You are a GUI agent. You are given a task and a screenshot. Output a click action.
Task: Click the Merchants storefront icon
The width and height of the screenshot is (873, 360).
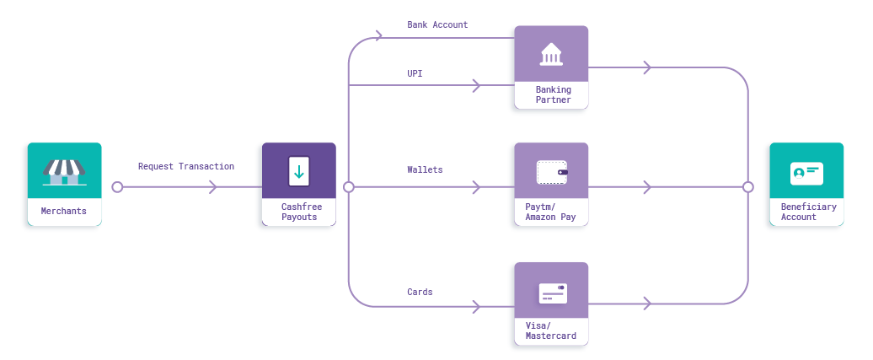point(65,172)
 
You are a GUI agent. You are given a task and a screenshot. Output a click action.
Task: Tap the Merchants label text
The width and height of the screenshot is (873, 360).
point(64,212)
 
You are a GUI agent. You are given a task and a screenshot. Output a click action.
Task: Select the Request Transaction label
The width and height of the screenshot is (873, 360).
point(186,166)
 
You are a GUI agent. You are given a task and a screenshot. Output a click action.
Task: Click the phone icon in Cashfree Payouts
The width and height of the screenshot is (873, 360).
point(299,170)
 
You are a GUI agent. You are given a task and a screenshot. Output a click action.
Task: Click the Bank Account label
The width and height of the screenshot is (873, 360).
point(437,24)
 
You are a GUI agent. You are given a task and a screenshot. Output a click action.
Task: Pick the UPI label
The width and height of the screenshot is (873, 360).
point(415,73)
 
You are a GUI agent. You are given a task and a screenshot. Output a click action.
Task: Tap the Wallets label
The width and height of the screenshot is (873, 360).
point(425,169)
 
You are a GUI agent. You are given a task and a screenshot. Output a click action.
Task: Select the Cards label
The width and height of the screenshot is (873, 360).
point(420,292)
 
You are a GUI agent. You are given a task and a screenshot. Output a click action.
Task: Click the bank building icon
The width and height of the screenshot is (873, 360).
point(551,54)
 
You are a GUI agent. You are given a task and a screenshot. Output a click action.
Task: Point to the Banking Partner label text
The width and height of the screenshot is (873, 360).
point(554,94)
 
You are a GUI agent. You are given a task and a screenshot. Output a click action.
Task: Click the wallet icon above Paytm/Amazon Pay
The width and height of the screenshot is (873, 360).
point(552,172)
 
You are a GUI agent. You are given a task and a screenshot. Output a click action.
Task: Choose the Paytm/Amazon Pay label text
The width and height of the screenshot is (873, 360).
point(550,212)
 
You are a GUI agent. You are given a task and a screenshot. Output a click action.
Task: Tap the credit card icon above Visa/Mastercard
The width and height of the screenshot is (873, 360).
point(553,293)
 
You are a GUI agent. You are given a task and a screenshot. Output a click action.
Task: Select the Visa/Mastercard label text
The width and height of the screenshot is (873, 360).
point(550,331)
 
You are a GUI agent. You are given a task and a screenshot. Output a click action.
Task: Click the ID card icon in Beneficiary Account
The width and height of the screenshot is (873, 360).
point(806,174)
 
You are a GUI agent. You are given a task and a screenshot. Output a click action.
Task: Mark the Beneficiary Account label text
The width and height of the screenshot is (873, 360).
point(808,212)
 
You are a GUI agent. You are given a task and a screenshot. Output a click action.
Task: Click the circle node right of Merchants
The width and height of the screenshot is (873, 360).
point(117,187)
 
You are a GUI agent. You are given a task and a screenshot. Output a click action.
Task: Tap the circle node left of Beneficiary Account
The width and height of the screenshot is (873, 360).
point(748,187)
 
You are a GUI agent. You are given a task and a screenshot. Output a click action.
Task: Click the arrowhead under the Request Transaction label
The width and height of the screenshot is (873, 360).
point(213,187)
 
